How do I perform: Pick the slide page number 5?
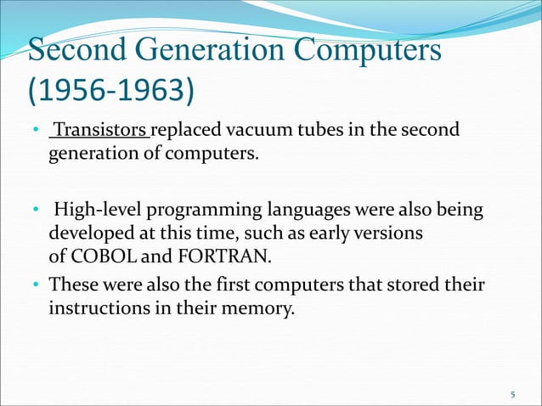click(513, 394)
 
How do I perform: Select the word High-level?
click(97, 208)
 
